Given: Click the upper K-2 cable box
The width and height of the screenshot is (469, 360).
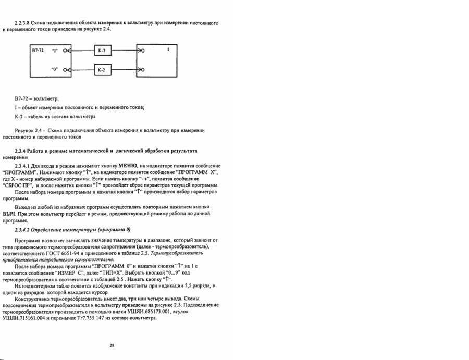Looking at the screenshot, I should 103,51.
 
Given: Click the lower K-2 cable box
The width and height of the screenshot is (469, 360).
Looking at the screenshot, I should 103,69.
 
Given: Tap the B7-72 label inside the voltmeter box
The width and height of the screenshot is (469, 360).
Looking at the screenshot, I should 38,51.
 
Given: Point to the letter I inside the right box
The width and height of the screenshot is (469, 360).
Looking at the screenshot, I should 168,50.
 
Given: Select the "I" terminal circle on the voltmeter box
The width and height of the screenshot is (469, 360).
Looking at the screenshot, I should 65,51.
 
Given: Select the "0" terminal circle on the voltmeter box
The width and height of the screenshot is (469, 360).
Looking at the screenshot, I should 65,69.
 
